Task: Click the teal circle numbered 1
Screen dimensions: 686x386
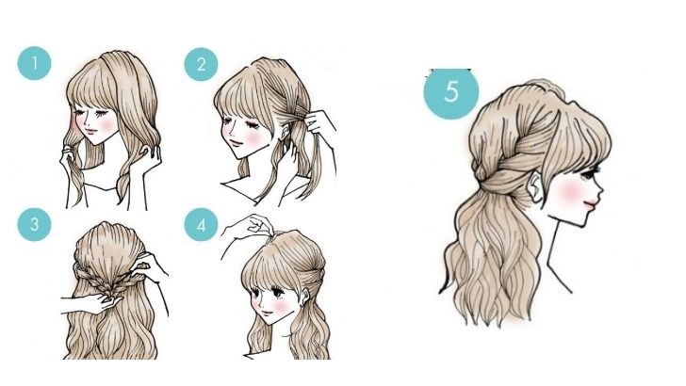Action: coord(34,63)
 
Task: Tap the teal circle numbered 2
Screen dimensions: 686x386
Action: coord(201,65)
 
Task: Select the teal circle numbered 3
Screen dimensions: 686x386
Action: coord(34,224)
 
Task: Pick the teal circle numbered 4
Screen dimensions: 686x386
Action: coord(201,225)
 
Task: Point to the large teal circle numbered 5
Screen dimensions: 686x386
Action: coord(451,92)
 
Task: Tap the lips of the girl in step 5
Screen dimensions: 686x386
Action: coord(591,203)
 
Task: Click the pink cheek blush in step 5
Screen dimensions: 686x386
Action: coord(569,191)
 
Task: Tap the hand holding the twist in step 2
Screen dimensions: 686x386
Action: coord(319,122)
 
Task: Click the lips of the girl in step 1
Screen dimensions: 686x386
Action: coord(90,131)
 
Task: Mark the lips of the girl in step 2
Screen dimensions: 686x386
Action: coord(237,142)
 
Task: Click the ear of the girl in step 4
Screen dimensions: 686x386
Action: coord(305,297)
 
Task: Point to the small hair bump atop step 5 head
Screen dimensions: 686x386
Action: coord(544,86)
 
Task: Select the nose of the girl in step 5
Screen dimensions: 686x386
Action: coord(600,190)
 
